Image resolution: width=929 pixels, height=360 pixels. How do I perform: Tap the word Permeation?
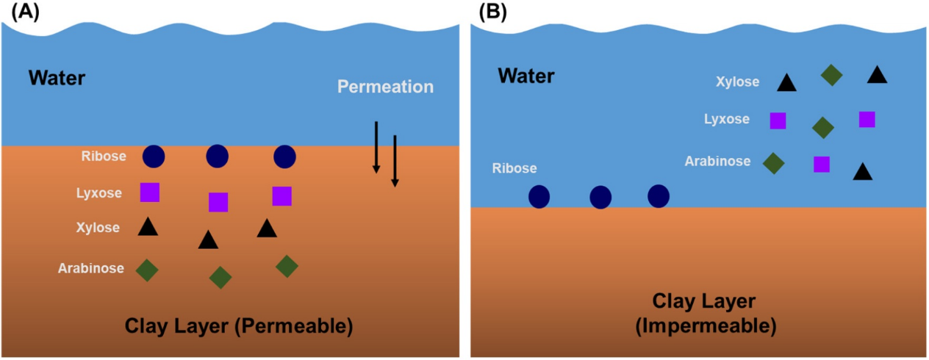385,87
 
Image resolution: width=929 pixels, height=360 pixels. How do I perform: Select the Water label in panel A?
57,77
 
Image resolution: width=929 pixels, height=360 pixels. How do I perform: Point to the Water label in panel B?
526,75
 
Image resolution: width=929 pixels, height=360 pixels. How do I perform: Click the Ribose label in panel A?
104,156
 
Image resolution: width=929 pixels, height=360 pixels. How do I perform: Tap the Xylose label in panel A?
98,228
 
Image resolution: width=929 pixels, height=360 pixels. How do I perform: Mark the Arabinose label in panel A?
91,268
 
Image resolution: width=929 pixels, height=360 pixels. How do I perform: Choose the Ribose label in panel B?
514,168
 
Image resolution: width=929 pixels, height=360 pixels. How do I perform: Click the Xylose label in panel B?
737,82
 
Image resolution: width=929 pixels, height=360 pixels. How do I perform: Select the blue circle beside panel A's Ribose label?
154,156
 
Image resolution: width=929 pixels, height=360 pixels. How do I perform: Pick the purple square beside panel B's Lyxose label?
778,120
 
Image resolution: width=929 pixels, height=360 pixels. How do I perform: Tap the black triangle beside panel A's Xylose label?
148,227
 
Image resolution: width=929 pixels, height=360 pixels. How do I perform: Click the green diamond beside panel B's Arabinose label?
773,162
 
